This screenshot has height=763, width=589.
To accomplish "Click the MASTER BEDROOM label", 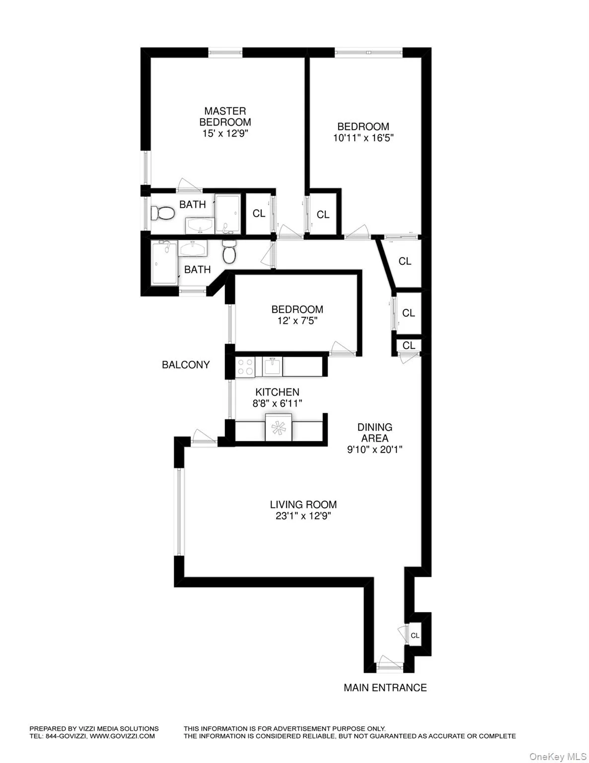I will tap(225, 116).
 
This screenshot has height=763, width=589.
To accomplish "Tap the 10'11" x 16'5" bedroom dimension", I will tap(363, 138).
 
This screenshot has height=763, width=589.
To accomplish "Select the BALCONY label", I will tap(186, 365).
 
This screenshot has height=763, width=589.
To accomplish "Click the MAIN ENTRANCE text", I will tap(385, 687).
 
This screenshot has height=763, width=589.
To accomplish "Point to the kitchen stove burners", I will tap(244, 367).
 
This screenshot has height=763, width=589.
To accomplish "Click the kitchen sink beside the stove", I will tap(272, 367).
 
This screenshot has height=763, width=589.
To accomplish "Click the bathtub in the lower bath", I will tap(164, 263).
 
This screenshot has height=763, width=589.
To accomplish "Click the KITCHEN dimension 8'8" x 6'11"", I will tap(277, 403).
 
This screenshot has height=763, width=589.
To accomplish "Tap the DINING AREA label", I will tap(375, 433).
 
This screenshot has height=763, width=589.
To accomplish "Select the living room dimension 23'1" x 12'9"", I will tap(303, 516).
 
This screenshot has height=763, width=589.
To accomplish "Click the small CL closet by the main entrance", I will tap(415, 635).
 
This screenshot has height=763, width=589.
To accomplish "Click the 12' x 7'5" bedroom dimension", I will tap(297, 321).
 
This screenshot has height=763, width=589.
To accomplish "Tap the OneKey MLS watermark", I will tap(555, 757).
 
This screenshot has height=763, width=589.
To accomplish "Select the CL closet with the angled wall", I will tap(405, 261).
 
